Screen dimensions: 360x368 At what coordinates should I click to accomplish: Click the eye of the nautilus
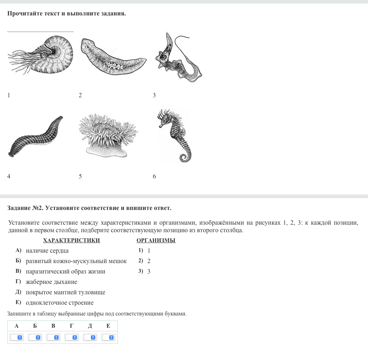coord(44,56)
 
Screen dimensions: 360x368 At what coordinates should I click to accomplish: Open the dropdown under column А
coord(17,337)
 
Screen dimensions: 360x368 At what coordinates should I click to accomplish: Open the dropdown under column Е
coord(108,337)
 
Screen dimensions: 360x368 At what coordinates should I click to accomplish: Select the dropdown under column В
coord(53,337)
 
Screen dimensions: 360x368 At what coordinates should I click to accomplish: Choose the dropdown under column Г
coord(72,337)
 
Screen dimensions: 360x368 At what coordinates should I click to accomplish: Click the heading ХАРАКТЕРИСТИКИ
coord(72,240)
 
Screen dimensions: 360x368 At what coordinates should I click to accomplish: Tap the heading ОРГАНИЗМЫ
coord(156,240)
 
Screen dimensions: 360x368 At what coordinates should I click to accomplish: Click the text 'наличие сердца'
coord(47,251)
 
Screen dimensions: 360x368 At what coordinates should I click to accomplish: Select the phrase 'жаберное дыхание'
coord(51,282)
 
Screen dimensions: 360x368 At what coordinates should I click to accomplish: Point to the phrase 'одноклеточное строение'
coord(60,303)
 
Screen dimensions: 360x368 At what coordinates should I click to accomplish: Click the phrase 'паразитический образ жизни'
coord(65,272)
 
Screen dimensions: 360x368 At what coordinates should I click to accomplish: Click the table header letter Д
coord(90,326)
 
